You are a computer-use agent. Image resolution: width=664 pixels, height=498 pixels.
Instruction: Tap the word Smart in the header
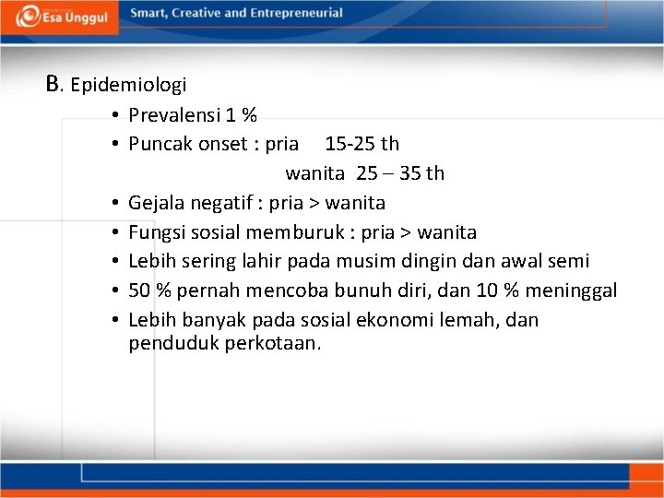148,13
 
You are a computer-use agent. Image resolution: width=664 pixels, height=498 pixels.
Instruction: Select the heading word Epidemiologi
128,86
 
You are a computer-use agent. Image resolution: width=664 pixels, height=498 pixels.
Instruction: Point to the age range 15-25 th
362,144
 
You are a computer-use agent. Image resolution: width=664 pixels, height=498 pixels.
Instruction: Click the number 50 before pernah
139,291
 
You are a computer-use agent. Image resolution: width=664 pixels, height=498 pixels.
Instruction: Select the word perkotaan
274,344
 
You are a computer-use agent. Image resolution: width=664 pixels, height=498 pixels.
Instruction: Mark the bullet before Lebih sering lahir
111,262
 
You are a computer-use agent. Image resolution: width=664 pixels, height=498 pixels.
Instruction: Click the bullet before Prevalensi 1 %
111,115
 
